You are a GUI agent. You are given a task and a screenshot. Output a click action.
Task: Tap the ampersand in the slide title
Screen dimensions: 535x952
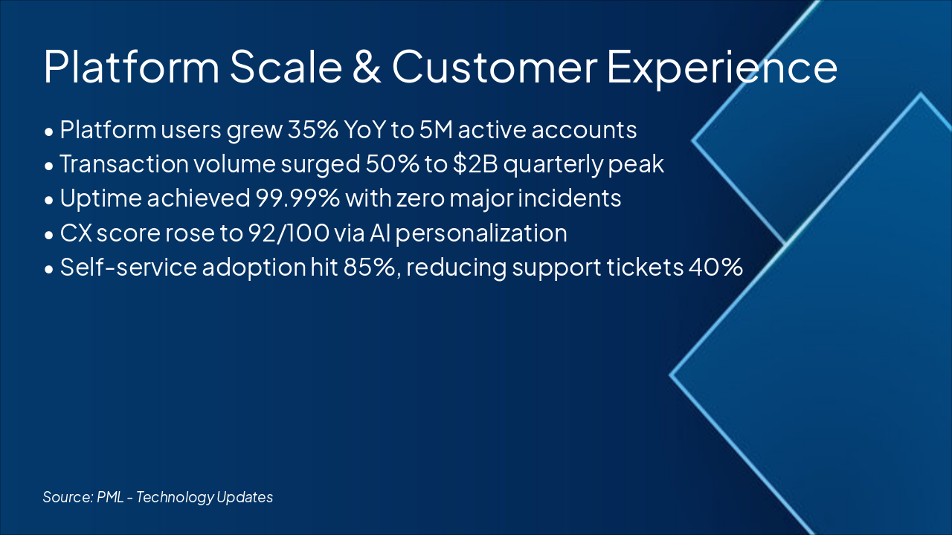(362, 68)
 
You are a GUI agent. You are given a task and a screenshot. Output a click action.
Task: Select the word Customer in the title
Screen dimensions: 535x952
(495, 68)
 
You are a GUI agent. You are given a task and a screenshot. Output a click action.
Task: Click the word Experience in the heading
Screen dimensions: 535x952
(722, 68)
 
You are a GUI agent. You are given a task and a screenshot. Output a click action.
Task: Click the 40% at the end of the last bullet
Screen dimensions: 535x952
(715, 267)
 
